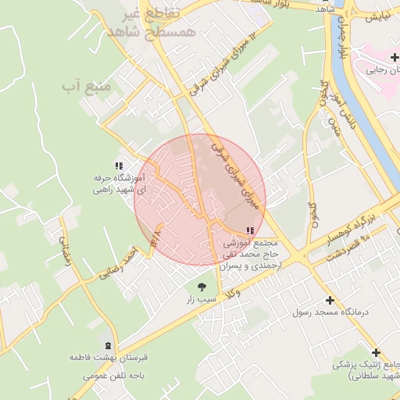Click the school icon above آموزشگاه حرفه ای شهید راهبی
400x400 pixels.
tap(119, 166)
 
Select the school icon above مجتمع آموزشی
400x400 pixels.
tap(250, 231)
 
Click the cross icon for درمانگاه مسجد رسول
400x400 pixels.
tap(330, 300)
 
